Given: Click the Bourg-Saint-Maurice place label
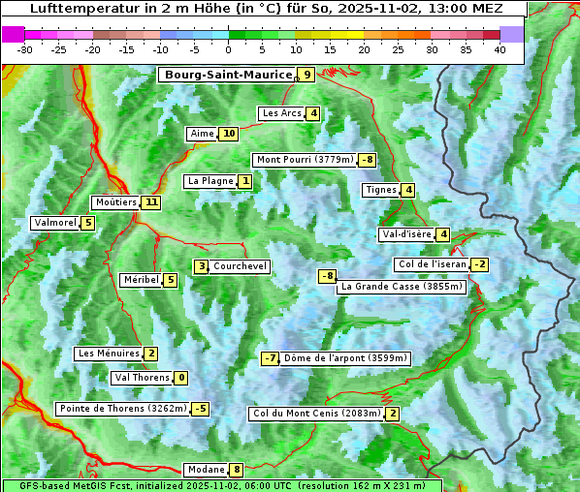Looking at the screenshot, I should coord(228,75).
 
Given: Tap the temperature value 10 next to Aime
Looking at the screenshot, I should coord(228,134).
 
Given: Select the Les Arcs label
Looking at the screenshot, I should coord(282,113).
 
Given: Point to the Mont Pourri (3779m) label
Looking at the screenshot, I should coord(304,160).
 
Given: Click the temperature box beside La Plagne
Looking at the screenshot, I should coord(246,181).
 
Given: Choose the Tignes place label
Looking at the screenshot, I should coord(380,190).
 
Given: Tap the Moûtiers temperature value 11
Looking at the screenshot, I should coord(150,202).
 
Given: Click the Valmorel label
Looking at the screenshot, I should coord(54,223).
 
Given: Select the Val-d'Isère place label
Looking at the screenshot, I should coord(406,234).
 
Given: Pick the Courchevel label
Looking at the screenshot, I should coord(240,266).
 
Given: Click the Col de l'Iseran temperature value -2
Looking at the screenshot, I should coord(479,264).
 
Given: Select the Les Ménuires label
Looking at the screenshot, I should coord(109,354).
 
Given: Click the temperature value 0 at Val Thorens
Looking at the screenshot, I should coord(181,378).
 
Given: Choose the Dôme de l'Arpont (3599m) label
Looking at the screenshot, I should coord(346,358).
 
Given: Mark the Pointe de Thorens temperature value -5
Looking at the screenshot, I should coord(200,409).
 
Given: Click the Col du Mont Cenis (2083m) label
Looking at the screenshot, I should coord(315,415).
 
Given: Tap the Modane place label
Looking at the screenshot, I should coord(205,470).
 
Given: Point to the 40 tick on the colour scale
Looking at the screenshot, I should coord(499,49).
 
